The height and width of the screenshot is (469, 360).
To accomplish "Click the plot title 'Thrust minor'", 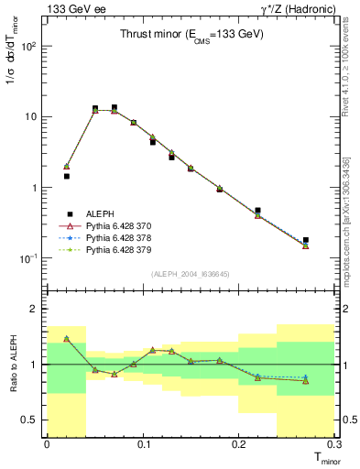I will (191, 35).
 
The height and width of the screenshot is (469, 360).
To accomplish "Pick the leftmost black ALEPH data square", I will (66, 176).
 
